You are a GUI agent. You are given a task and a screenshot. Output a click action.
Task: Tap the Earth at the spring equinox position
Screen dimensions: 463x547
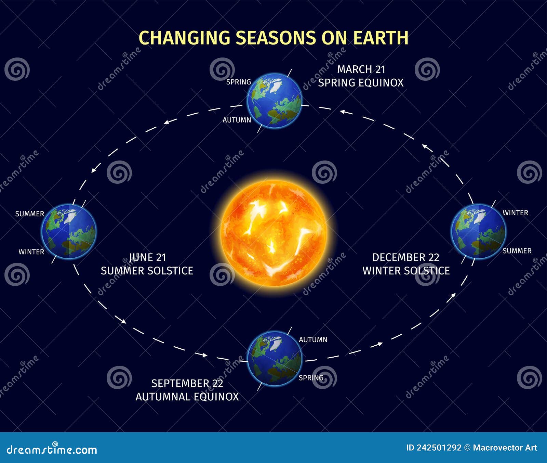[275, 101]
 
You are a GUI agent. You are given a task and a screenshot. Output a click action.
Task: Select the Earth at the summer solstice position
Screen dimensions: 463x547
[69, 231]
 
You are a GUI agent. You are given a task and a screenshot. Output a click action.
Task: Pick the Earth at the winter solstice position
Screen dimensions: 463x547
[479, 231]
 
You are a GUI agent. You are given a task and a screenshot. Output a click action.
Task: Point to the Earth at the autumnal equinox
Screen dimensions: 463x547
[275, 358]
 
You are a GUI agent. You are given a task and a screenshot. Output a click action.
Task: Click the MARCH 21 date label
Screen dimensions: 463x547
[361, 69]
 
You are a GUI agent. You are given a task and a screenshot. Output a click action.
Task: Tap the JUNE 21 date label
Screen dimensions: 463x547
[147, 257]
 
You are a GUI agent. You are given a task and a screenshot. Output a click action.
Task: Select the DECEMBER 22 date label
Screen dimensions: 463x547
[406, 257]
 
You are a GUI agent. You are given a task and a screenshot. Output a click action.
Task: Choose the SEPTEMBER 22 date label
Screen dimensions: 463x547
[187, 383]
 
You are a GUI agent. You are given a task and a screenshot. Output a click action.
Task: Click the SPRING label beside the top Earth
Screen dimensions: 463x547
[239, 82]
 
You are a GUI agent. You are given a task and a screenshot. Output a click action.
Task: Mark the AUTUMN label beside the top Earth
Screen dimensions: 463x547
[237, 120]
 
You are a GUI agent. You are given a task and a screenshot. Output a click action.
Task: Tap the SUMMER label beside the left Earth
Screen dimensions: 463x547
[30, 214]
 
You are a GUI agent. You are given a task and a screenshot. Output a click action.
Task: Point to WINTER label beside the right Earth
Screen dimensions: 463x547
[515, 213]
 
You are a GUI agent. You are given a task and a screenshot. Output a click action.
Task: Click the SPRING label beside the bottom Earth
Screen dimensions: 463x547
[311, 378]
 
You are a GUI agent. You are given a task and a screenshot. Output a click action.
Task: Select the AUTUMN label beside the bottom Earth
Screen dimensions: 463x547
[313, 340]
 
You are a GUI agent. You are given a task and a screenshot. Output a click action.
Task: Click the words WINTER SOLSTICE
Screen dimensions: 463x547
[406, 271]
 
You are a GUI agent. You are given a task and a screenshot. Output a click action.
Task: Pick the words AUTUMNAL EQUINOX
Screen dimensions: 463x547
[187, 397]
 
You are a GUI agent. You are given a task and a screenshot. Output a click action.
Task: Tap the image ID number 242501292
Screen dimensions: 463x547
[439, 448]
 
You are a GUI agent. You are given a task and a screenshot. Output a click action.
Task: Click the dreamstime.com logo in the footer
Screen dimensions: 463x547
[52, 449]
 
